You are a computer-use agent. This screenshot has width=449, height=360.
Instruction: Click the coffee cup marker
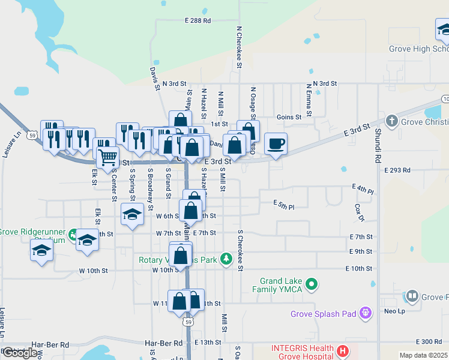pyautogui.click(x=276, y=144)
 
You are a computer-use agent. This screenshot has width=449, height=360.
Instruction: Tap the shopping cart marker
pyautogui.click(x=108, y=157)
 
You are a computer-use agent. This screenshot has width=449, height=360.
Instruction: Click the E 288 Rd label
pyautogui.click(x=199, y=20)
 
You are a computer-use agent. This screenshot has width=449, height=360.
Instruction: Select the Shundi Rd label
pyautogui.click(x=378, y=146)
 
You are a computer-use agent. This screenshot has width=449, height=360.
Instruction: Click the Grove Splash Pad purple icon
pyautogui.click(x=365, y=313)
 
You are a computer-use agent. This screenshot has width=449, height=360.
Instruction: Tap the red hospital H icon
pyautogui.click(x=342, y=350)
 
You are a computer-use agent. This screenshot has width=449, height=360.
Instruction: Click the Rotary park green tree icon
pyautogui.click(x=226, y=259)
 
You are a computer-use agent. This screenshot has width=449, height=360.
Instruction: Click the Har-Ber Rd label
pyautogui.click(x=163, y=344)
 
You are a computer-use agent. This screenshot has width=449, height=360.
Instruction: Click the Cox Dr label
pyautogui.click(x=360, y=211)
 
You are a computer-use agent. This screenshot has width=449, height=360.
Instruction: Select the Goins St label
pyautogui.click(x=289, y=118)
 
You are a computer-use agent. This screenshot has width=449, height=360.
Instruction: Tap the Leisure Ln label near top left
pyautogui.click(x=8, y=145)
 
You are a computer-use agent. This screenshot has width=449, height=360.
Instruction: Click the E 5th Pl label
pyautogui.click(x=283, y=205)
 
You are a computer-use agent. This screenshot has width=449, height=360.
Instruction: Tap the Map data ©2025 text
pyautogui.click(x=423, y=355)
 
